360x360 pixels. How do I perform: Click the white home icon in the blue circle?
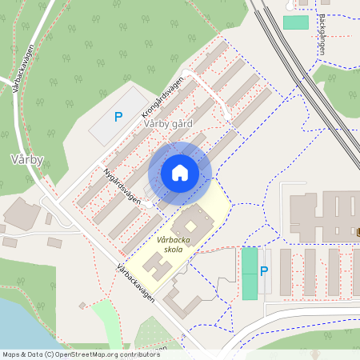(x=180, y=173)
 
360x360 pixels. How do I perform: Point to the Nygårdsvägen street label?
(x=122, y=186)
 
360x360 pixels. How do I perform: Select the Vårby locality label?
(x=26, y=159)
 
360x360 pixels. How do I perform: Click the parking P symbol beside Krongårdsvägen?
(x=118, y=117)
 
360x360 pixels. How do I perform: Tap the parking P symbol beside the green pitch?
(x=264, y=270)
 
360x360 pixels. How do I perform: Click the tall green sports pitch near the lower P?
(x=250, y=273)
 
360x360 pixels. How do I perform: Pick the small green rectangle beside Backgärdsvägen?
(x=295, y=22)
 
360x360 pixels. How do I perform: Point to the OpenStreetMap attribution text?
(x=80, y=354)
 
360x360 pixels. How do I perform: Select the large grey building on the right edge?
(x=320, y=212)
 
